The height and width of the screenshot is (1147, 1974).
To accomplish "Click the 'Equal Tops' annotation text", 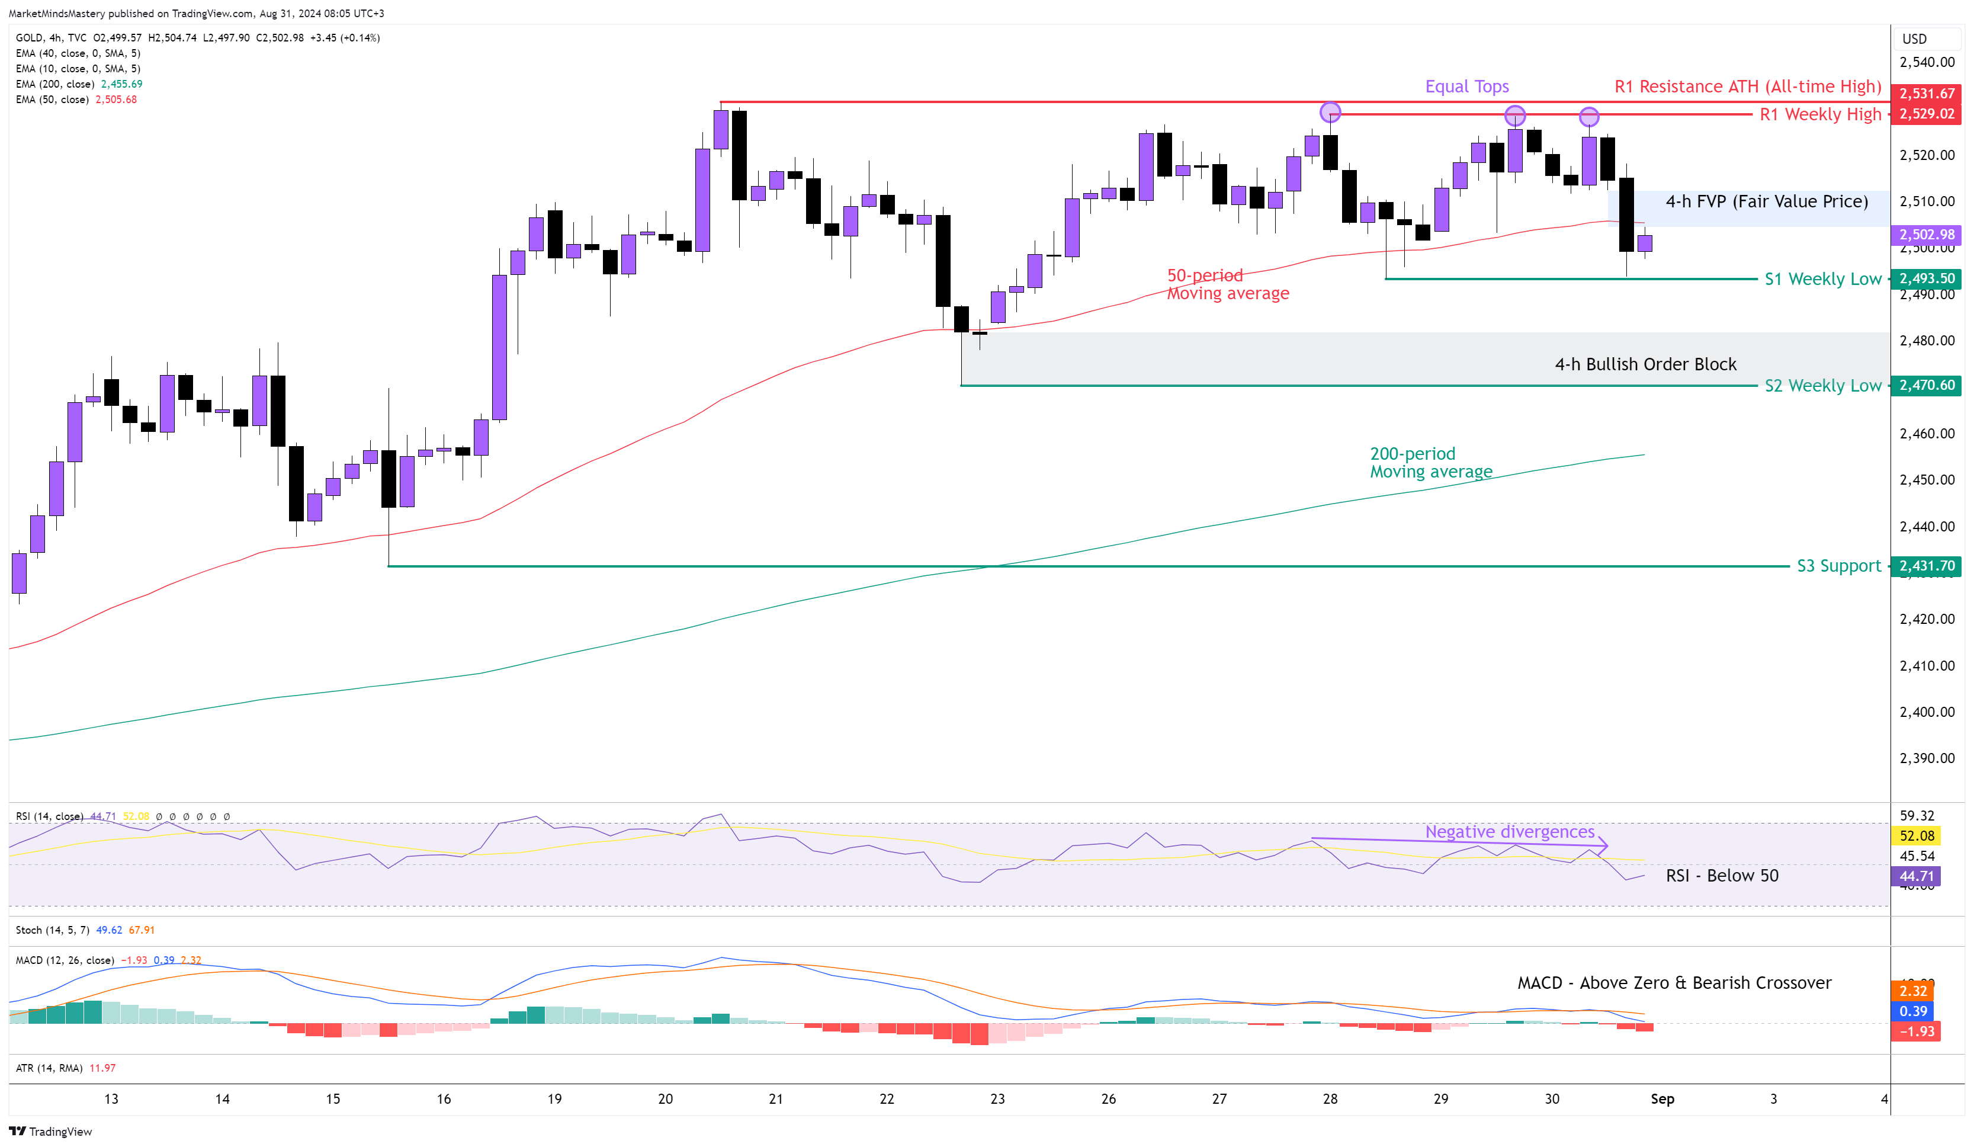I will pos(1466,86).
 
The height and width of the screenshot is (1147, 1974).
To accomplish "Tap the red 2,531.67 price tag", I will pos(1926,93).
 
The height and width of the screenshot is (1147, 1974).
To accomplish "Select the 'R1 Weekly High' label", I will pos(1819,114).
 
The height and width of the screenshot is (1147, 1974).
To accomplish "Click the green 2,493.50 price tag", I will pos(1926,278).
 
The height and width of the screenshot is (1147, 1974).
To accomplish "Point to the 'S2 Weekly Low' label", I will pos(1822,386).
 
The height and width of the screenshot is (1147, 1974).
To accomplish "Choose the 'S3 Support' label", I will pos(1838,566).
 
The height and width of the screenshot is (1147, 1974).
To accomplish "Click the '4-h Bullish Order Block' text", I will pos(1645,364).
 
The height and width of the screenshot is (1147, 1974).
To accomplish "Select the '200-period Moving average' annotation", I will pos(1430,462).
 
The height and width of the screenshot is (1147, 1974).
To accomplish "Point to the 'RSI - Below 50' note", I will pos(1721,875).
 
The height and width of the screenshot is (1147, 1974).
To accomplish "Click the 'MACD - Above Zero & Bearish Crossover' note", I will pos(1674,982).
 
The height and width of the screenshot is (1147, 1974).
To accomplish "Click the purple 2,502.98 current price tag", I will pos(1926,234).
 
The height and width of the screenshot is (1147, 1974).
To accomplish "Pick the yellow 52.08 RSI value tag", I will pos(1916,836).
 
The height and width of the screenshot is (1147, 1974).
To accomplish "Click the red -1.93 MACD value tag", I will pos(1916,1031).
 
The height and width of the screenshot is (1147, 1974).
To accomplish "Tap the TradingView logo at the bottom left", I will pos(50,1132).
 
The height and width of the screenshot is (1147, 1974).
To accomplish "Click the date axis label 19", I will pos(554,1098).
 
